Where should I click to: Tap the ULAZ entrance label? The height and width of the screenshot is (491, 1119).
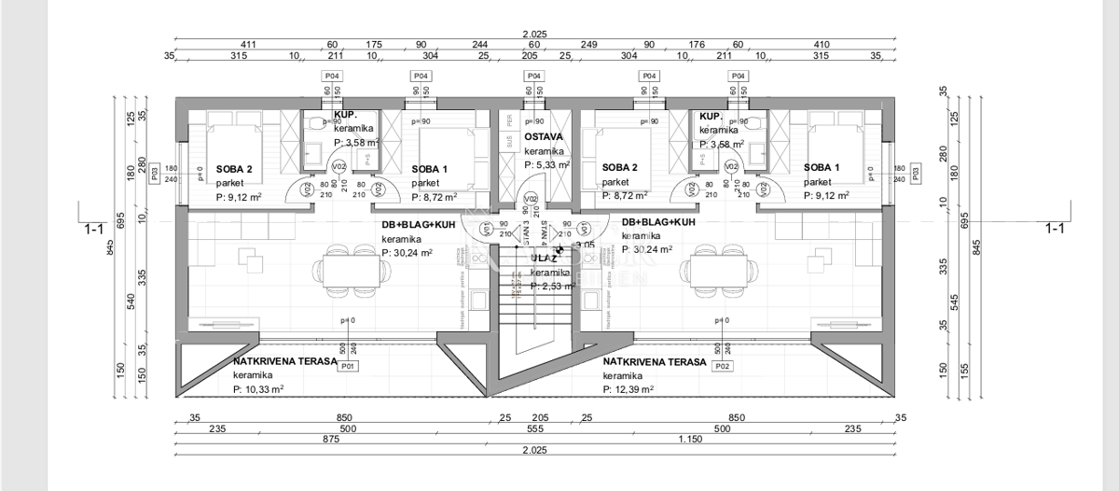pos(543,258)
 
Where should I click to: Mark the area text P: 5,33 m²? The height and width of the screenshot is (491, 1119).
pos(546,164)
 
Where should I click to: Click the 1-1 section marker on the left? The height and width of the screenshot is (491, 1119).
pos(93,228)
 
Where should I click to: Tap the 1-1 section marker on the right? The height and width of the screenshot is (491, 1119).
pos(1055,228)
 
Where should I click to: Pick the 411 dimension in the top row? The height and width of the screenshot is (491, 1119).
pos(248,44)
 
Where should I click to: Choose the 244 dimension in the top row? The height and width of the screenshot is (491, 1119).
pos(478,44)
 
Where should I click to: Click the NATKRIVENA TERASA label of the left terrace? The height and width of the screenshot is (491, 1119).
pos(285,360)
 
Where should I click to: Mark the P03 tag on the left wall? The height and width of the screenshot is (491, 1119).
pos(155,174)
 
